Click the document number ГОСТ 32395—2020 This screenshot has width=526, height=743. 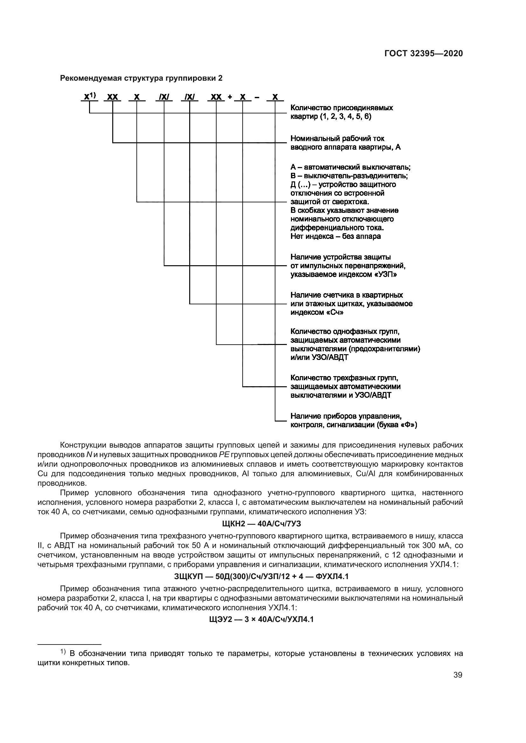423,53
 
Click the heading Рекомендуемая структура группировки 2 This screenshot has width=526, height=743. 142,78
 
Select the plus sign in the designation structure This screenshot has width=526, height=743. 230,97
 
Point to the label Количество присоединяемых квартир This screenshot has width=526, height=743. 341,108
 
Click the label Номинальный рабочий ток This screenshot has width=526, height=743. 337,138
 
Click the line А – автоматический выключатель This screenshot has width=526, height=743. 350,167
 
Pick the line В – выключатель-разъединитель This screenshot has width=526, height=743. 349,176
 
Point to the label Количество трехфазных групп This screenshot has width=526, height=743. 344,378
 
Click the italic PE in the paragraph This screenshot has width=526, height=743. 224,455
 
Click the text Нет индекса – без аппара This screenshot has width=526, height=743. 336,236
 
